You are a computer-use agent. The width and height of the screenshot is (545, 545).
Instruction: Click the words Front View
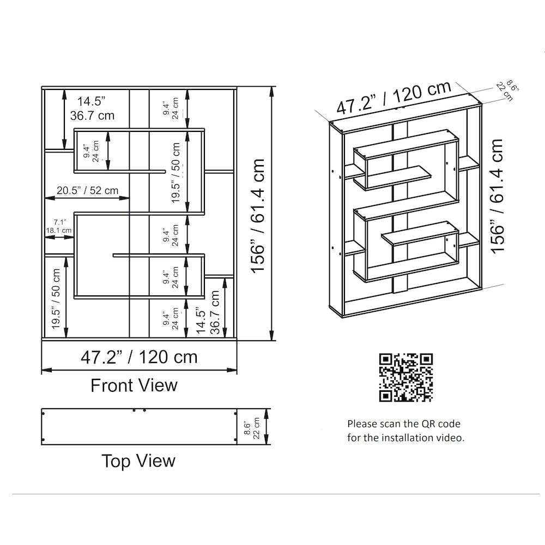134,385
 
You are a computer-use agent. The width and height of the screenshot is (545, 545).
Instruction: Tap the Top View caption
138,461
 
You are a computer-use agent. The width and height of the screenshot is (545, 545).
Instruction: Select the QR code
405,378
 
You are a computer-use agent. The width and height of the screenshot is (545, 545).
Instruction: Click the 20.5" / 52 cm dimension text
88,190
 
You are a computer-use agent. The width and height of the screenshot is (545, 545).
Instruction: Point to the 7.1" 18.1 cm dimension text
59,226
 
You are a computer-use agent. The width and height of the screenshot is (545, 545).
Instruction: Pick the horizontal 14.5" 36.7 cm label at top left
92,108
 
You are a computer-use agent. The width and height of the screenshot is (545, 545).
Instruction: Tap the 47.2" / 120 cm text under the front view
139,357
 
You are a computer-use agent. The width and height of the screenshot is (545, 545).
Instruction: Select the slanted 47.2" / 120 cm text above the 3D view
394,97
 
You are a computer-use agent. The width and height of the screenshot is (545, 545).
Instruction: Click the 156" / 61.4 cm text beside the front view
258,216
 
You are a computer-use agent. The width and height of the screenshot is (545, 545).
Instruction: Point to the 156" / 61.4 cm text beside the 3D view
497,196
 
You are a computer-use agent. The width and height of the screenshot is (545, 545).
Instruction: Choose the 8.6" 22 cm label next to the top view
252,428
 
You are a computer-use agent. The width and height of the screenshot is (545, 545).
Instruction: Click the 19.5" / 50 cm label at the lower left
56,299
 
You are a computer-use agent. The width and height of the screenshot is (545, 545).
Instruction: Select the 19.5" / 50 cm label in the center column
175,173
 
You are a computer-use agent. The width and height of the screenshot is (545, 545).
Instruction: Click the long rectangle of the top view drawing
139,427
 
